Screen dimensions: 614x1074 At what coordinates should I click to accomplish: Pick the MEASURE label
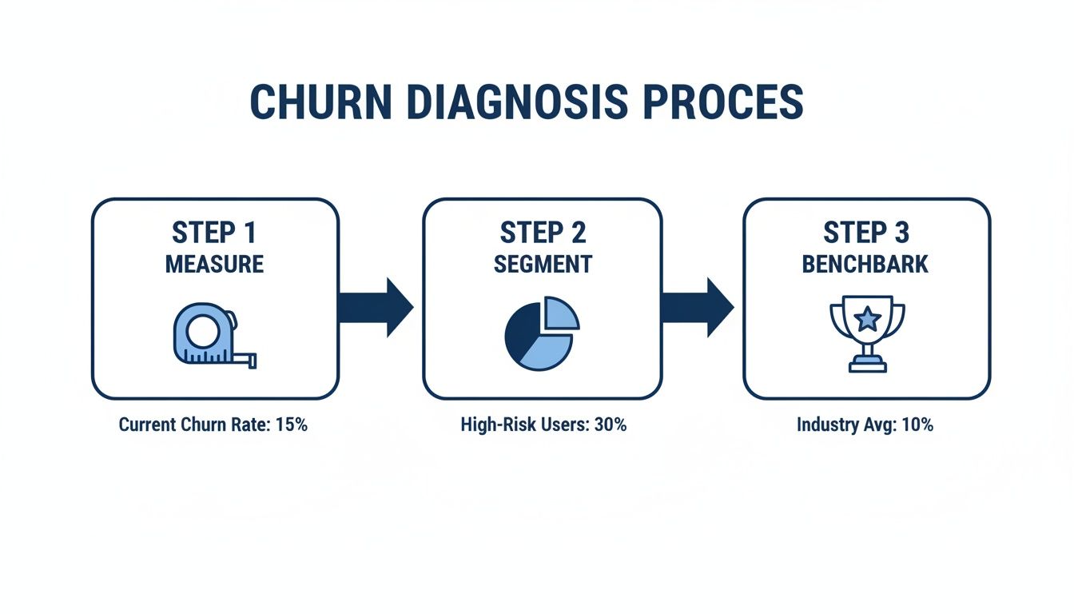coord(214,264)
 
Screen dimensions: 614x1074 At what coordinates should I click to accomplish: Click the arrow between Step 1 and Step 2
coord(375,307)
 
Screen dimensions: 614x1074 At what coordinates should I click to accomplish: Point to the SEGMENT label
coord(543,264)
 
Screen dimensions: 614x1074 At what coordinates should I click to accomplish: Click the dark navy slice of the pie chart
coord(519,332)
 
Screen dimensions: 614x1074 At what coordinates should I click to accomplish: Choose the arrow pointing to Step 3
coord(697,307)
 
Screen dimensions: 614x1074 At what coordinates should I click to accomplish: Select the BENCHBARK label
coord(866,264)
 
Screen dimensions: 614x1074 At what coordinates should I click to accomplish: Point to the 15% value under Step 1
coord(291,425)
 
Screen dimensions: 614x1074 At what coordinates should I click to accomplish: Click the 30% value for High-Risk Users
coord(611,425)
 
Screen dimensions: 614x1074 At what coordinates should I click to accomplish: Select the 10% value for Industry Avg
coord(917,425)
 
